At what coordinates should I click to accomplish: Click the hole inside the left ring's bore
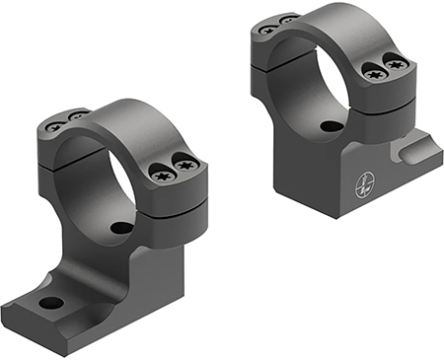[120, 228]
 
